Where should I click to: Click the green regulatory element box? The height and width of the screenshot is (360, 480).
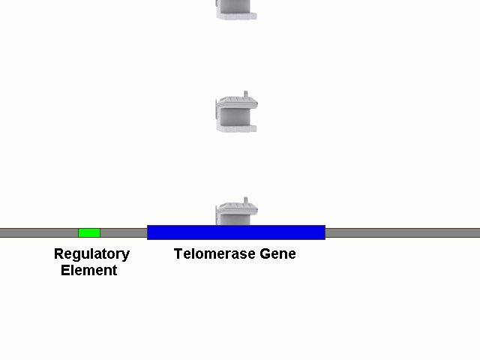point(89,232)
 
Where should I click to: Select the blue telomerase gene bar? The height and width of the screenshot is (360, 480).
point(236,232)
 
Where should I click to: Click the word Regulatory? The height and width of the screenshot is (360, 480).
point(91,254)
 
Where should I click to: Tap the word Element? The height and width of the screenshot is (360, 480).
point(89,271)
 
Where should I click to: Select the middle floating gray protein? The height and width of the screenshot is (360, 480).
point(237,113)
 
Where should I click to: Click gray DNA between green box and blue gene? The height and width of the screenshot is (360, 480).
point(124,232)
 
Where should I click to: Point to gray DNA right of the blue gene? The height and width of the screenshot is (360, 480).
point(402,232)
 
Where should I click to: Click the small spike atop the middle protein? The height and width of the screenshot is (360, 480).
point(245,94)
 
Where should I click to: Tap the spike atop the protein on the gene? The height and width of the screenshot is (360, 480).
point(245,200)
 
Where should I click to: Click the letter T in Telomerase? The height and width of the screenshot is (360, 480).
point(178,254)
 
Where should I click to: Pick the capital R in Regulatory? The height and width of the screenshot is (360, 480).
point(58,254)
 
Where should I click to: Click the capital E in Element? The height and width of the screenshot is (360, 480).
point(65,271)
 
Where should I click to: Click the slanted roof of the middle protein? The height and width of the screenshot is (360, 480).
point(238,101)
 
